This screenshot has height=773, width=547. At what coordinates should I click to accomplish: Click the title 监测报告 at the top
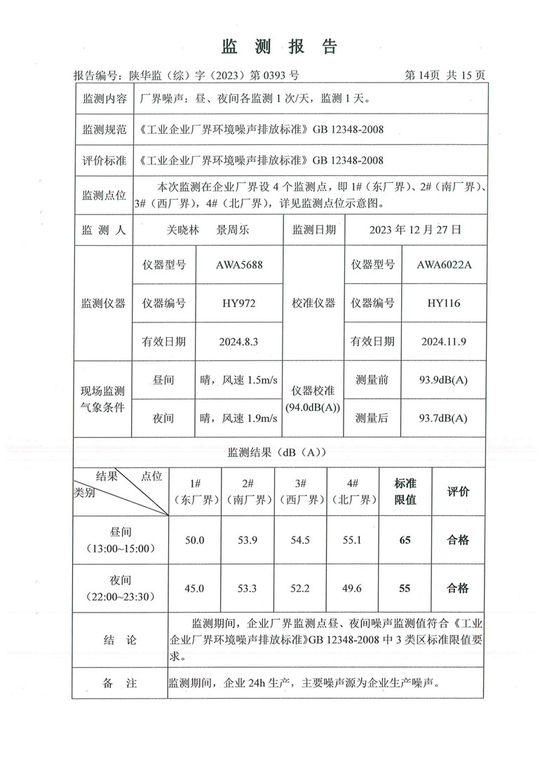[x=280, y=47]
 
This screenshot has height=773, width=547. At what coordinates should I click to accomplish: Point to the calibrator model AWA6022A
[x=444, y=266]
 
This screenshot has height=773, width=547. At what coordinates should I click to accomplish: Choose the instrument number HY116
[x=444, y=303]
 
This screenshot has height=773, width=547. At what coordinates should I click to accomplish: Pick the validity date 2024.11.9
[x=444, y=341]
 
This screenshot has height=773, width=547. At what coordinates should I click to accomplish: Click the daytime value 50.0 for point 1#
[x=194, y=540]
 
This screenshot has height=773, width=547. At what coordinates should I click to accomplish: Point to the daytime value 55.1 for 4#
[x=353, y=540]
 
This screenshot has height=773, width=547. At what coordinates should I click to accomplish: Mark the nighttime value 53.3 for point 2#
[x=247, y=588]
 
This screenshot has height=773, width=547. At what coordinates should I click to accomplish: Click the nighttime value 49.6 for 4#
[x=353, y=588]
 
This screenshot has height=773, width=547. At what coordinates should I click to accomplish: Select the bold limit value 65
[x=405, y=540]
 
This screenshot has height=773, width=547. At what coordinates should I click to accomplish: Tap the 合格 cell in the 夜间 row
[x=458, y=588]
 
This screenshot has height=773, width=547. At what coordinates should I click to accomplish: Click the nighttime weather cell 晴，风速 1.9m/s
[x=239, y=418]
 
